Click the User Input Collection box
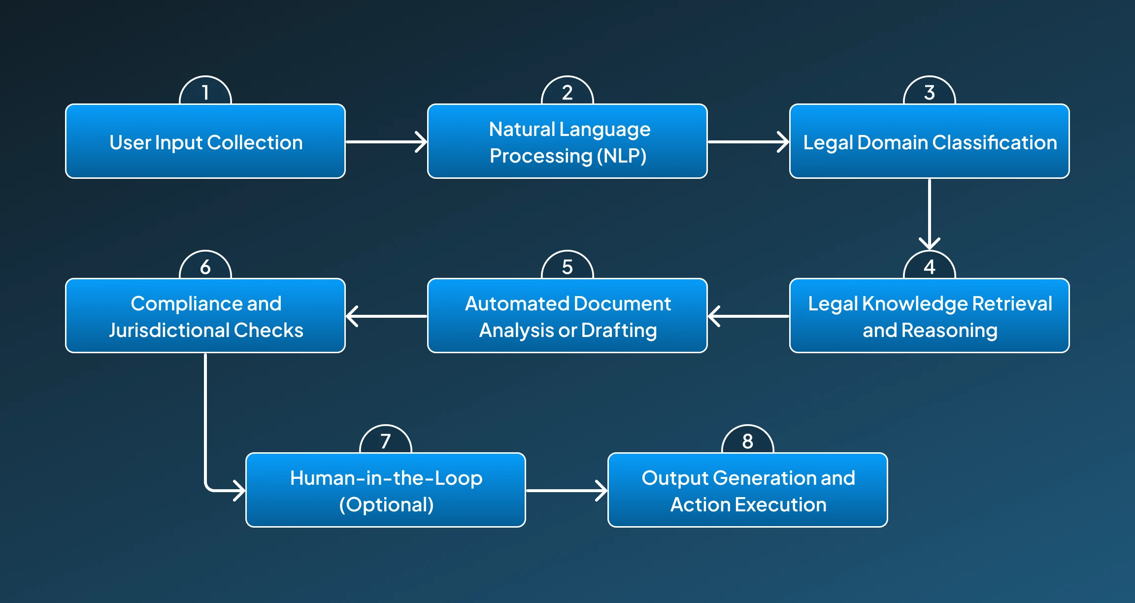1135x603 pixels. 205,142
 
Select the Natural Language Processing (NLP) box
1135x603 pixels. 567,142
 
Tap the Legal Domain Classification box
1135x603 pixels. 930,142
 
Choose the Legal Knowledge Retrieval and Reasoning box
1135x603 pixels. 930,316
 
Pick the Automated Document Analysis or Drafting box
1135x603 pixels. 567,316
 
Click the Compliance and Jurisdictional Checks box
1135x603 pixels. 205,316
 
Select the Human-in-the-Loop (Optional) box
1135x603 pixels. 386,491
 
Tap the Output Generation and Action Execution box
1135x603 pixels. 748,491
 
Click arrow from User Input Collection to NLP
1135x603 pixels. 386,142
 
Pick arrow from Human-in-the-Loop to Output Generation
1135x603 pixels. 567,491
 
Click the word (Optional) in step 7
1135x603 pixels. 387,504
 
